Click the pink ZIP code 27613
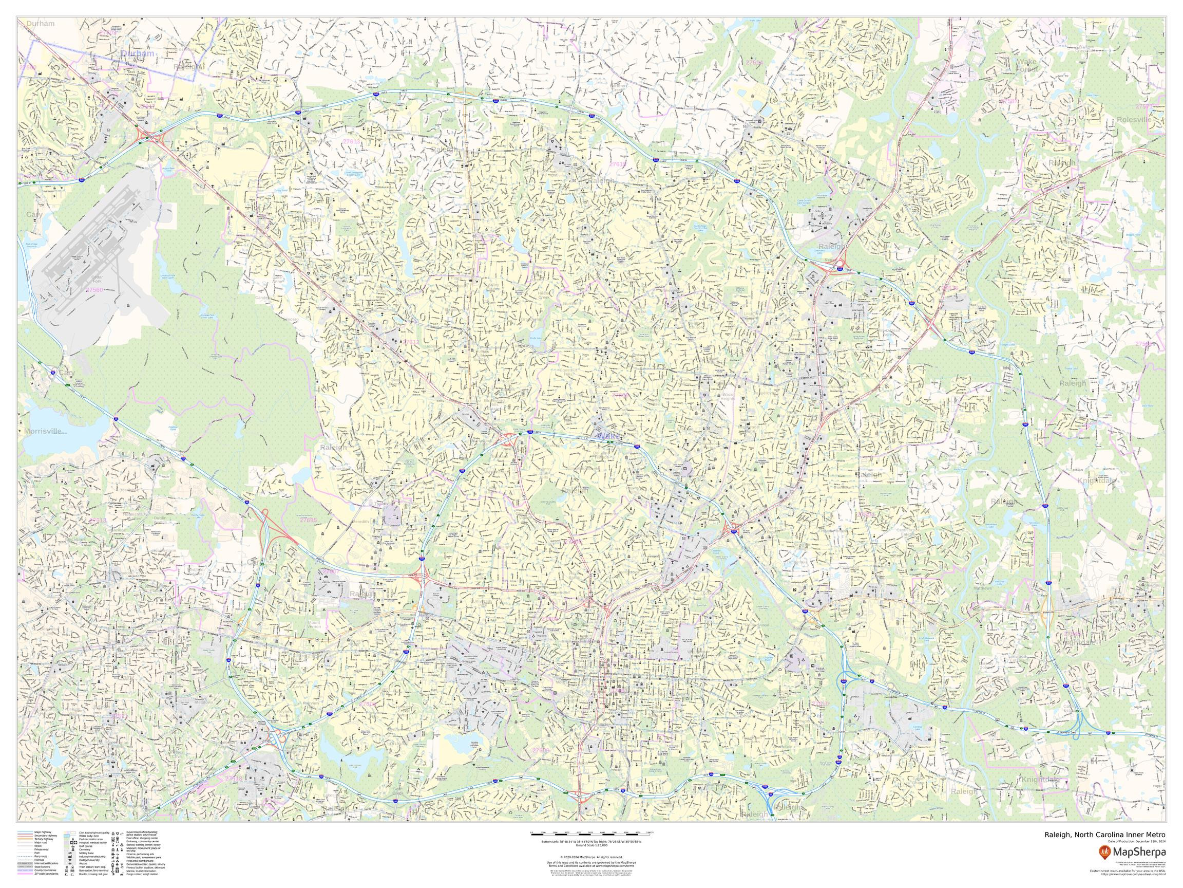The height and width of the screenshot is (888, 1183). [351, 141]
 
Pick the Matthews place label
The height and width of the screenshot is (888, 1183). [982, 588]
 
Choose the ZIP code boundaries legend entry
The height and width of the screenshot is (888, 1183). [47, 874]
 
